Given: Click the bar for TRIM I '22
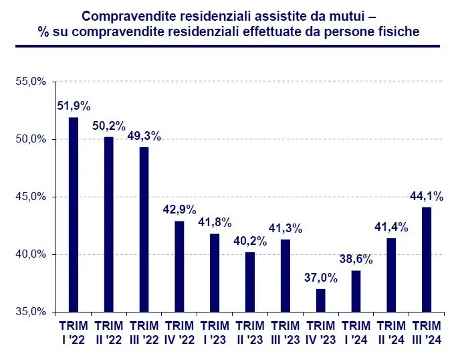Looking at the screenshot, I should (x=74, y=214).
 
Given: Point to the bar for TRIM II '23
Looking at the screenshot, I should (x=250, y=282).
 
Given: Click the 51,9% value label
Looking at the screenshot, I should (x=74, y=105).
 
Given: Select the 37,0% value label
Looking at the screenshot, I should (x=321, y=276).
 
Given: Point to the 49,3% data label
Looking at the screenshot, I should (x=144, y=136).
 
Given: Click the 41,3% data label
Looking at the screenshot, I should (x=286, y=228).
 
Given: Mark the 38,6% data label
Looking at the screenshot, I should (x=356, y=258).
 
